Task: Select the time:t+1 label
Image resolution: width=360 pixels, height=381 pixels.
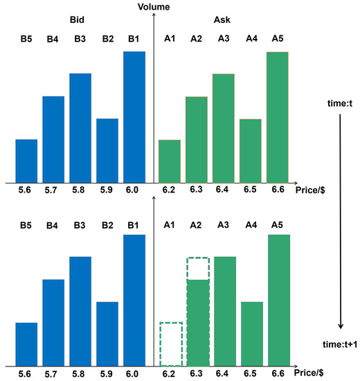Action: tap(339, 343)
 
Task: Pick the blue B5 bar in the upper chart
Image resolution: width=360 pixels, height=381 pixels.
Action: tap(26, 160)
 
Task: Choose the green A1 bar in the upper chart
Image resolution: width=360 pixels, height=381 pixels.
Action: tap(170, 160)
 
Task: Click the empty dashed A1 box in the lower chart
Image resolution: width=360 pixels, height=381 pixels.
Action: tap(170, 344)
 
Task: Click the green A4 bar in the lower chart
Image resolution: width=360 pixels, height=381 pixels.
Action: tap(251, 333)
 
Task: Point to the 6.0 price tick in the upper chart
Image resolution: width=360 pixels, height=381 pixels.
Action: tap(134, 188)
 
